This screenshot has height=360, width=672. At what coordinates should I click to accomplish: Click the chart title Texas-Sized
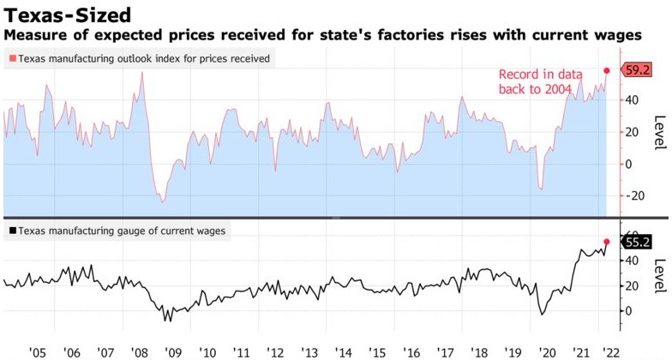(x=66, y=15)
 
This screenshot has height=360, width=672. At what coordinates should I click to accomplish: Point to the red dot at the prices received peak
(x=607, y=70)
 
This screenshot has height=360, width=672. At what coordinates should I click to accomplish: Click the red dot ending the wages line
(x=607, y=242)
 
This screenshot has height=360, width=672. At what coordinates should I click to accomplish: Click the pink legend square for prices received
(x=11, y=58)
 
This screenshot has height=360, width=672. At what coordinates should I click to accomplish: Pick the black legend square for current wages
(x=11, y=231)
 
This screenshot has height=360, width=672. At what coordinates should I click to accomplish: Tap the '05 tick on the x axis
(x=37, y=351)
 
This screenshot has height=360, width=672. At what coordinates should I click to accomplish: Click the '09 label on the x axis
(x=172, y=351)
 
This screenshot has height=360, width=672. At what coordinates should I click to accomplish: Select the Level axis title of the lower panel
(x=659, y=275)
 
